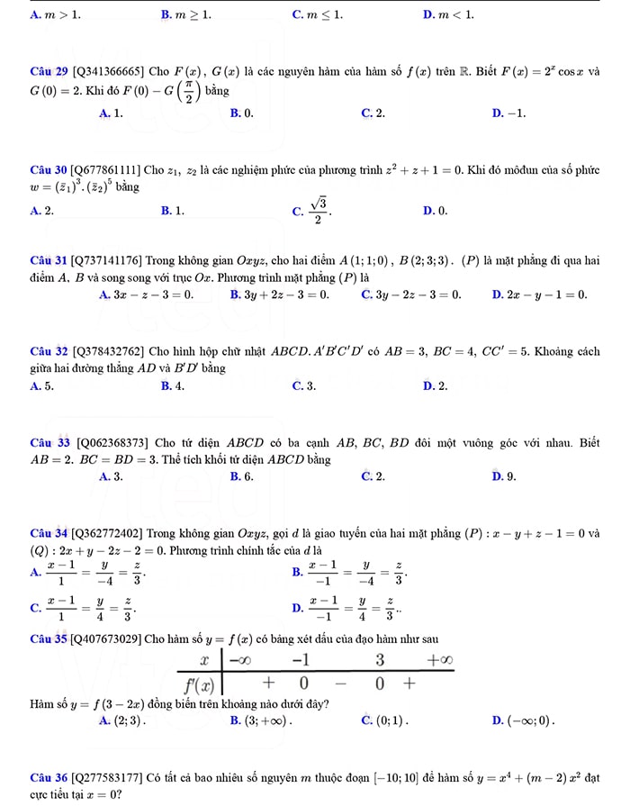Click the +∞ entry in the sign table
(x=438, y=661)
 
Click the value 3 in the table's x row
(x=380, y=661)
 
